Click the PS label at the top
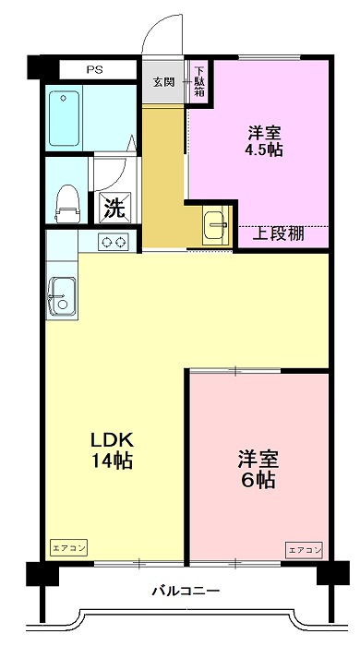point(95,69)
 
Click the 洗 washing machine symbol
point(114,207)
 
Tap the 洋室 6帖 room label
point(258,469)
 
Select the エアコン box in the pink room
point(304,550)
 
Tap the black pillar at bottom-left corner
point(38,573)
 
